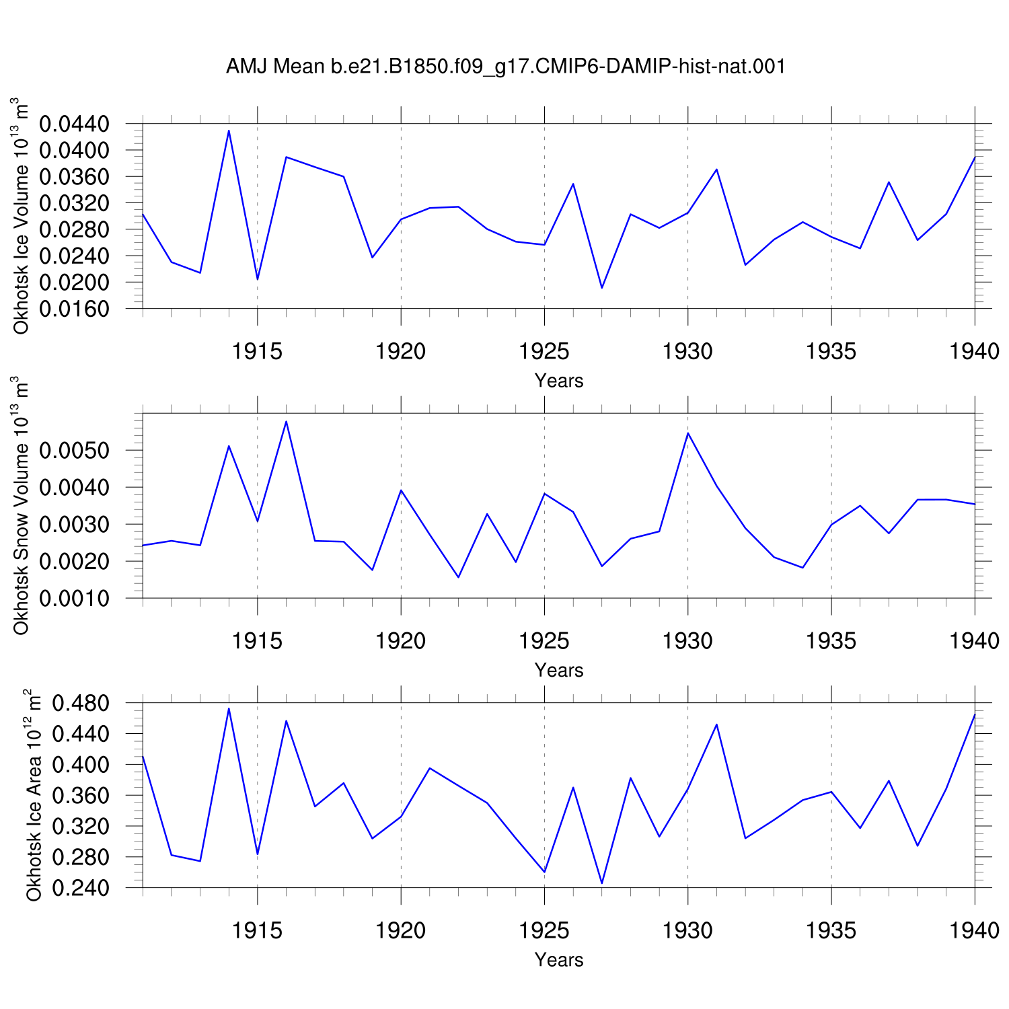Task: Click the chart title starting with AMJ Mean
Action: [506, 67]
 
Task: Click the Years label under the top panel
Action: [559, 381]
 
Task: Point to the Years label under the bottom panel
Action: [559, 959]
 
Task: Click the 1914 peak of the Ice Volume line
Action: [229, 130]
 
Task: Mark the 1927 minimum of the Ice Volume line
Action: [602, 288]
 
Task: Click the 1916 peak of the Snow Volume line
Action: [286, 422]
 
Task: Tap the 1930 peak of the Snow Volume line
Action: [687, 433]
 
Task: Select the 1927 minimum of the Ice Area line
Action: [602, 883]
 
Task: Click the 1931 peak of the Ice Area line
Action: [716, 724]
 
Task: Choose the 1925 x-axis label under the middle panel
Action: [544, 641]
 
